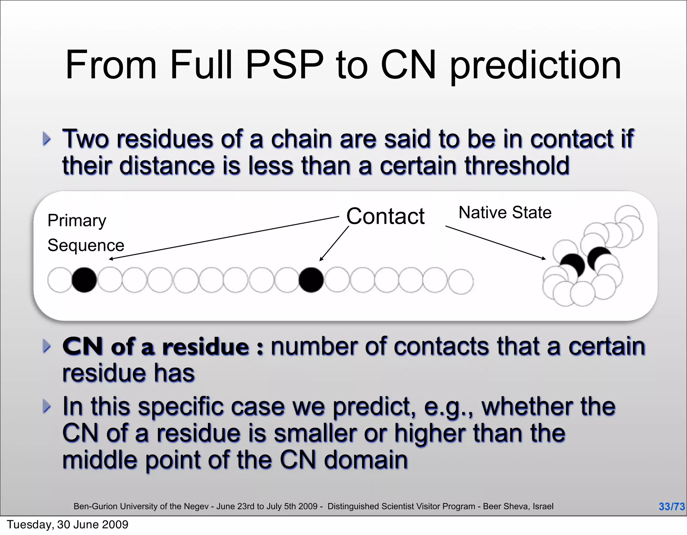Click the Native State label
[x=505, y=213]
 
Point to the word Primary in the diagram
[x=77, y=221]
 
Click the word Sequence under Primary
[x=86, y=245]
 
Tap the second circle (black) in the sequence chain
[x=84, y=280]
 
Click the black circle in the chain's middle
[x=311, y=280]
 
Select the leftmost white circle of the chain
[x=60, y=280]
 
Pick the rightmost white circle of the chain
[x=461, y=281]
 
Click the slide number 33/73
[x=671, y=506]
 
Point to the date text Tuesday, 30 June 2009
[x=67, y=525]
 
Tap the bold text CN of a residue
[x=156, y=347]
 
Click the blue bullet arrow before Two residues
[x=47, y=139]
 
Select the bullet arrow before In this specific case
[x=47, y=406]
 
